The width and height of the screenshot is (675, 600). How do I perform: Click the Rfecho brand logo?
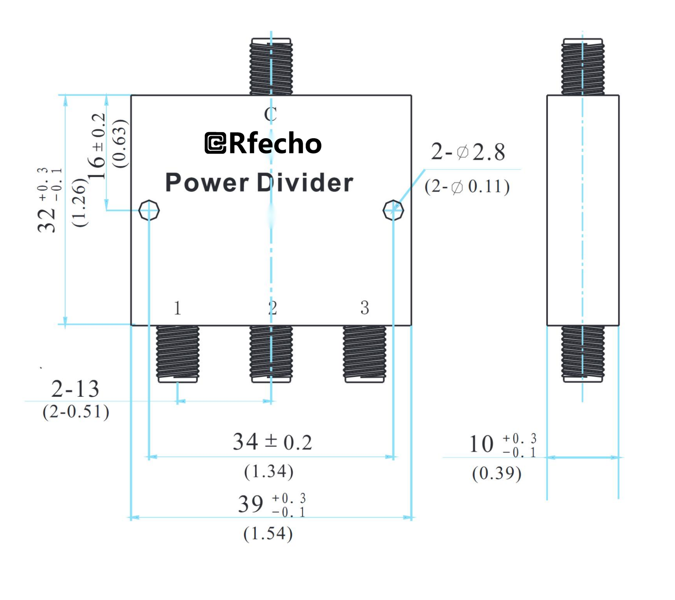[263, 143]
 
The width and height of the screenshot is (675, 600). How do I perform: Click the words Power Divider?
[259, 183]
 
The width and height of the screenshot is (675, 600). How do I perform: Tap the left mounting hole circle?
[149, 210]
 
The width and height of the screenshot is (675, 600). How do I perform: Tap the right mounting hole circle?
[393, 210]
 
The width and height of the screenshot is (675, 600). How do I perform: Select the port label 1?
[177, 308]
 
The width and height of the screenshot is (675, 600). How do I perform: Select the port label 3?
[364, 308]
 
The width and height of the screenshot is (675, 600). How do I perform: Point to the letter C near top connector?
[270, 114]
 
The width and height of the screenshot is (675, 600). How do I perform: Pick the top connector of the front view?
[271, 67]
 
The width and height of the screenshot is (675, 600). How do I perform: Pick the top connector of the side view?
[583, 67]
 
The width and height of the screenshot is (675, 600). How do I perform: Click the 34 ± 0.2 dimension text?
[272, 442]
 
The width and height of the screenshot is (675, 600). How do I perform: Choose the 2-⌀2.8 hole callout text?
[468, 152]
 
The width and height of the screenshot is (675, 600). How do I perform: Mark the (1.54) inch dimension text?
[268, 534]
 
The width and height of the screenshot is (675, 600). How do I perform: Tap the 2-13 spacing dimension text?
[75, 389]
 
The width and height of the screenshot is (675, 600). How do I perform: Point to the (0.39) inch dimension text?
[497, 473]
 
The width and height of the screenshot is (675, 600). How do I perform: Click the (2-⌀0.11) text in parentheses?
[467, 187]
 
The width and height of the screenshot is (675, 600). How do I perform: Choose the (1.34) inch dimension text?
[269, 471]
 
